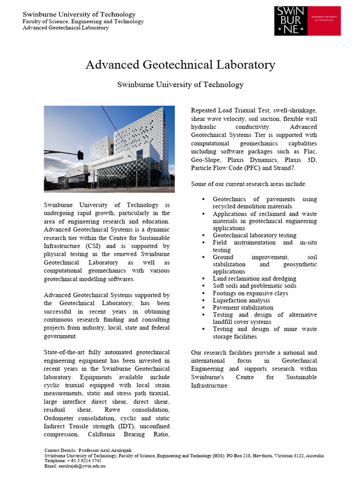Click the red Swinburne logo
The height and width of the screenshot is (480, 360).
tap(307, 20)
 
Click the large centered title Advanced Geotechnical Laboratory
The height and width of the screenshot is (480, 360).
tap(180, 65)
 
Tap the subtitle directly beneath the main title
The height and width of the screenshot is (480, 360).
tap(180, 85)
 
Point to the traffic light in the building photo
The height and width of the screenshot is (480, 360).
tap(81, 155)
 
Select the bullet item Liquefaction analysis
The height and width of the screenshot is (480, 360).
tap(241, 300)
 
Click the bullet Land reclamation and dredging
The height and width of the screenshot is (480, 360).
tap(255, 279)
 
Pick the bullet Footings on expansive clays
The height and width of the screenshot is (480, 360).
tap(250, 293)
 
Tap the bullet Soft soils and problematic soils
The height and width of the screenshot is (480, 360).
tap(255, 286)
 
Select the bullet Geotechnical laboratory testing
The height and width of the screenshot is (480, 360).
tap(255, 235)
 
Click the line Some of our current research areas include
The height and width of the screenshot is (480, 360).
tap(248, 184)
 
